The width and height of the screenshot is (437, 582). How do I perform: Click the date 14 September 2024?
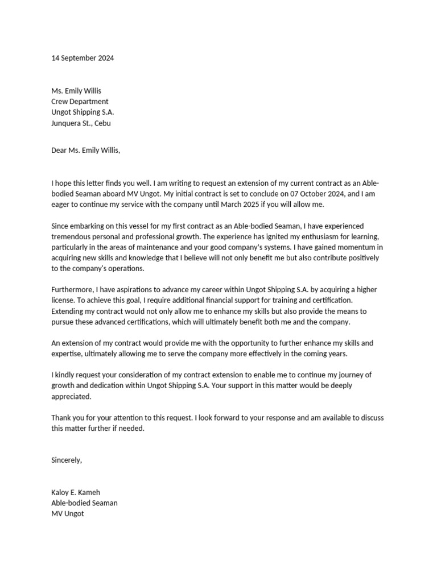83,58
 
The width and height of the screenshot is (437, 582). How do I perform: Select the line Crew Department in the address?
80,102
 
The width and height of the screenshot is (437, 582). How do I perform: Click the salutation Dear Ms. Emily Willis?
85,151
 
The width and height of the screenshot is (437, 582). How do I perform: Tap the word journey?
357,375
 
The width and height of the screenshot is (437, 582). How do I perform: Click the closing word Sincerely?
67,460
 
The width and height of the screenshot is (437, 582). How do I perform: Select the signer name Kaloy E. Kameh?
76,492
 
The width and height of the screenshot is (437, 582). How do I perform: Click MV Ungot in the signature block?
68,514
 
